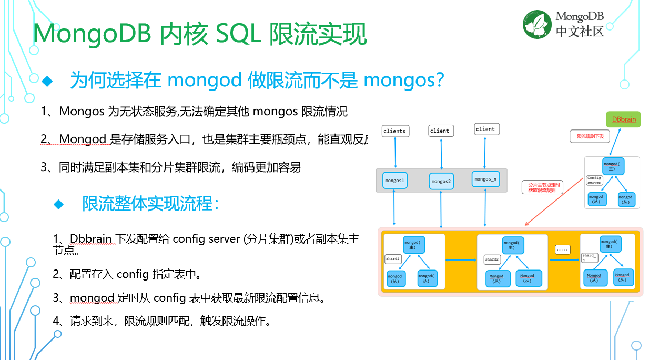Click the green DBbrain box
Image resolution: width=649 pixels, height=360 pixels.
pyautogui.click(x=623, y=119)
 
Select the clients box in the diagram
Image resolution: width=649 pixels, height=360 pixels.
pyautogui.click(x=394, y=131)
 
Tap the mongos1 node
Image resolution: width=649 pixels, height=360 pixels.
pyautogui.click(x=394, y=181)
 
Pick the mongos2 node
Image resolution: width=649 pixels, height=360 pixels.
pyautogui.click(x=441, y=181)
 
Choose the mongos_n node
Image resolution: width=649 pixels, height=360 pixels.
pyautogui.click(x=485, y=179)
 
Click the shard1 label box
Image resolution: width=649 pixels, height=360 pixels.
pyautogui.click(x=393, y=259)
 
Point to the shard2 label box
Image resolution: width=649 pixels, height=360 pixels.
pyautogui.click(x=492, y=259)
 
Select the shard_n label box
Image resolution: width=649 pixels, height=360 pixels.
pyautogui.click(x=589, y=257)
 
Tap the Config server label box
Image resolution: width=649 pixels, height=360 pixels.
pyautogui.click(x=594, y=181)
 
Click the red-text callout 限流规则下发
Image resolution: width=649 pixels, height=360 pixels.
pyautogui.click(x=590, y=136)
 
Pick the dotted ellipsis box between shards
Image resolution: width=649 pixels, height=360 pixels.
pyautogui.click(x=562, y=249)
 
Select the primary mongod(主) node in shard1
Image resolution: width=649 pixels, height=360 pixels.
pyautogui.click(x=414, y=245)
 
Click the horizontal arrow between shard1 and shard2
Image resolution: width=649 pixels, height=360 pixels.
pyautogui.click(x=461, y=260)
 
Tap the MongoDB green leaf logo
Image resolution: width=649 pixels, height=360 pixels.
pyautogui.click(x=537, y=25)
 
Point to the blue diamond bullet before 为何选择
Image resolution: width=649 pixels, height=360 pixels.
pyautogui.click(x=48, y=81)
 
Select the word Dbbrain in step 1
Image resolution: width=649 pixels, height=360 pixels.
pyautogui.click(x=90, y=238)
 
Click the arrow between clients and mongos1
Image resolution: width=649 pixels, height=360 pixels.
pyautogui.click(x=394, y=154)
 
